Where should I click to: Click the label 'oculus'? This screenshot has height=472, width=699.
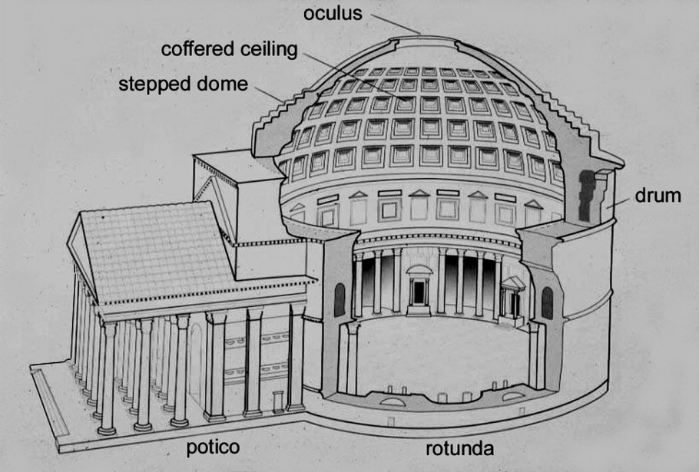pyautogui.click(x=333, y=13)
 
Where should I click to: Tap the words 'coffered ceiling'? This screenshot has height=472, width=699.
pyautogui.click(x=229, y=49)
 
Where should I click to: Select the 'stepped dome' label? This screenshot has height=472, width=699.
pyautogui.click(x=183, y=84)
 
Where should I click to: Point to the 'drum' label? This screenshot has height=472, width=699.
pyautogui.click(x=658, y=196)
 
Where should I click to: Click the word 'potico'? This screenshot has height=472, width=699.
pyautogui.click(x=213, y=447)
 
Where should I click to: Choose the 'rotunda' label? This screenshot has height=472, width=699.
pyautogui.click(x=459, y=448)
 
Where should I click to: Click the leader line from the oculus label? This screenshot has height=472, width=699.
pyautogui.click(x=396, y=24)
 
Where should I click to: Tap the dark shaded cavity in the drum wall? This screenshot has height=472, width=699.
pyautogui.click(x=587, y=196)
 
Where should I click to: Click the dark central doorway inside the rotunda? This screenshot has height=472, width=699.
pyautogui.click(x=419, y=292)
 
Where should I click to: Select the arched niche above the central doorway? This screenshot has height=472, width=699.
pyautogui.click(x=419, y=269)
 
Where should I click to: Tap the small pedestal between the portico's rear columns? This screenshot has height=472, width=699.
pyautogui.click(x=278, y=402)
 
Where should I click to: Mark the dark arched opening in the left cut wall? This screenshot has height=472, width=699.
pyautogui.click(x=340, y=299)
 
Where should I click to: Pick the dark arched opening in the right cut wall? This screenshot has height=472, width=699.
pyautogui.click(x=547, y=303)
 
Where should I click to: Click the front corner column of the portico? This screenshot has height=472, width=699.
pyautogui.click(x=108, y=378)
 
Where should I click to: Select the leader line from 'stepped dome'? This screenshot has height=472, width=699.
pyautogui.click(x=269, y=94)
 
